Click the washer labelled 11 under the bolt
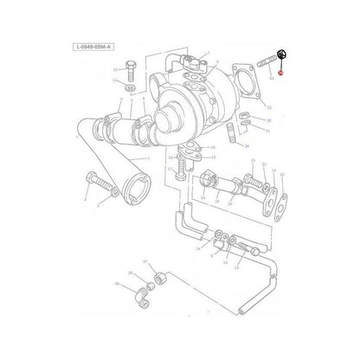(130, 88)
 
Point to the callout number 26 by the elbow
(118, 283)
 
